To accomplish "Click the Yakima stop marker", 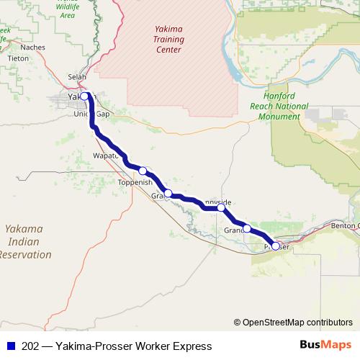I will click(84, 96).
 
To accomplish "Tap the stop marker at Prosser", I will click(276, 246).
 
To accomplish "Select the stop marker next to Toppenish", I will click(143, 171).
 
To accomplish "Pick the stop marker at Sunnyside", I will click(221, 207).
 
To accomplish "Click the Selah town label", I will click(76, 77).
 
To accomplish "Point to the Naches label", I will click(33, 47).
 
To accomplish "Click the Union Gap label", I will click(90, 114).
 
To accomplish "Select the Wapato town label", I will click(105, 155).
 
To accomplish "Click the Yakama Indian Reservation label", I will click(26, 241).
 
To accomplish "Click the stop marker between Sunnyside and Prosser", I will click(247, 229).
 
